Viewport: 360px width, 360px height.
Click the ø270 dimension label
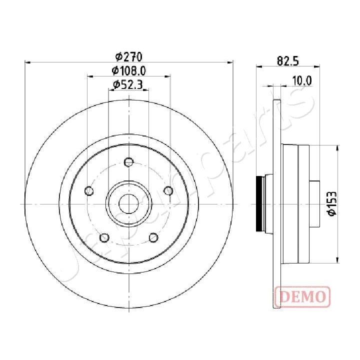129,56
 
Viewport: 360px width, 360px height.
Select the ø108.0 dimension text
129,70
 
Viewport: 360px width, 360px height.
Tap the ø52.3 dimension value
128,84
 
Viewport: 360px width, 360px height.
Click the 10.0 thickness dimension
302,80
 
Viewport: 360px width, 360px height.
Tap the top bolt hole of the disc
129,161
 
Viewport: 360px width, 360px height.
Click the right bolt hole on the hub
168,190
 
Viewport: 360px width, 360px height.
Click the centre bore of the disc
129,203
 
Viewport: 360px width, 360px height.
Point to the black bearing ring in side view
259,203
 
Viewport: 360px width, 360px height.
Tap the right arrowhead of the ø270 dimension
231,62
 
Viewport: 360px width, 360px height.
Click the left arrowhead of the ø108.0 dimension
90,76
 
